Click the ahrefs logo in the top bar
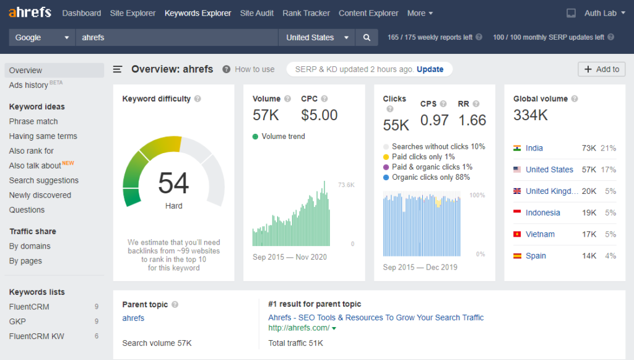(30, 12)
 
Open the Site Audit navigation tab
(257, 13)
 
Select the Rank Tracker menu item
(306, 13)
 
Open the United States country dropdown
(316, 38)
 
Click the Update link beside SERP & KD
(430, 69)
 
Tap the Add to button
(601, 69)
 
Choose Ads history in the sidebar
(28, 85)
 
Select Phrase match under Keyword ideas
(33, 121)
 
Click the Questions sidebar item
(27, 210)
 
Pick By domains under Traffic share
(30, 246)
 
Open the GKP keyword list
(17, 322)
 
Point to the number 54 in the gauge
(173, 183)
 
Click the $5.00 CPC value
(319, 115)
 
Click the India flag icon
(517, 148)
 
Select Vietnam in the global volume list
(540, 234)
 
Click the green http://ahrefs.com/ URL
(298, 328)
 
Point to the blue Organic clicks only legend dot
(386, 177)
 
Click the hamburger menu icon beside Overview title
(118, 69)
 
